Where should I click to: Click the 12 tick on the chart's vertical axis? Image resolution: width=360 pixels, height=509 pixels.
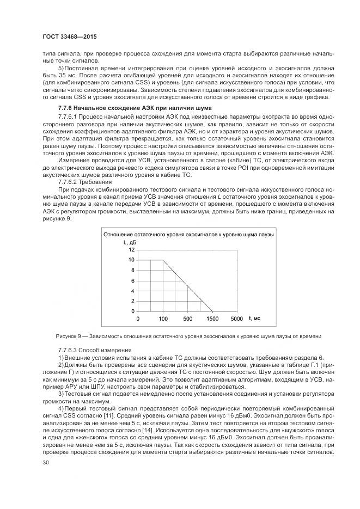click(x=131, y=249)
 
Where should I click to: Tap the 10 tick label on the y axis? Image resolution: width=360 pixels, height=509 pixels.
click(x=131, y=260)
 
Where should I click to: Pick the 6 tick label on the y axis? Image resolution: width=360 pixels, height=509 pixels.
click(x=132, y=280)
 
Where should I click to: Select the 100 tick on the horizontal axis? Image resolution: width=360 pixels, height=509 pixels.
click(x=163, y=318)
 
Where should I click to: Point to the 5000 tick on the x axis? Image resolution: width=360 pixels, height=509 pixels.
click(x=236, y=318)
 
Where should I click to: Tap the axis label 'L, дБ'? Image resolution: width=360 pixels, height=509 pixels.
click(x=129, y=241)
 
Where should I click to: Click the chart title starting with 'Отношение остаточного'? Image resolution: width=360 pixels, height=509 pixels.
click(x=188, y=234)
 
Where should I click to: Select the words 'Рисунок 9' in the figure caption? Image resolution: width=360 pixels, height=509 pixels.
click(x=68, y=335)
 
